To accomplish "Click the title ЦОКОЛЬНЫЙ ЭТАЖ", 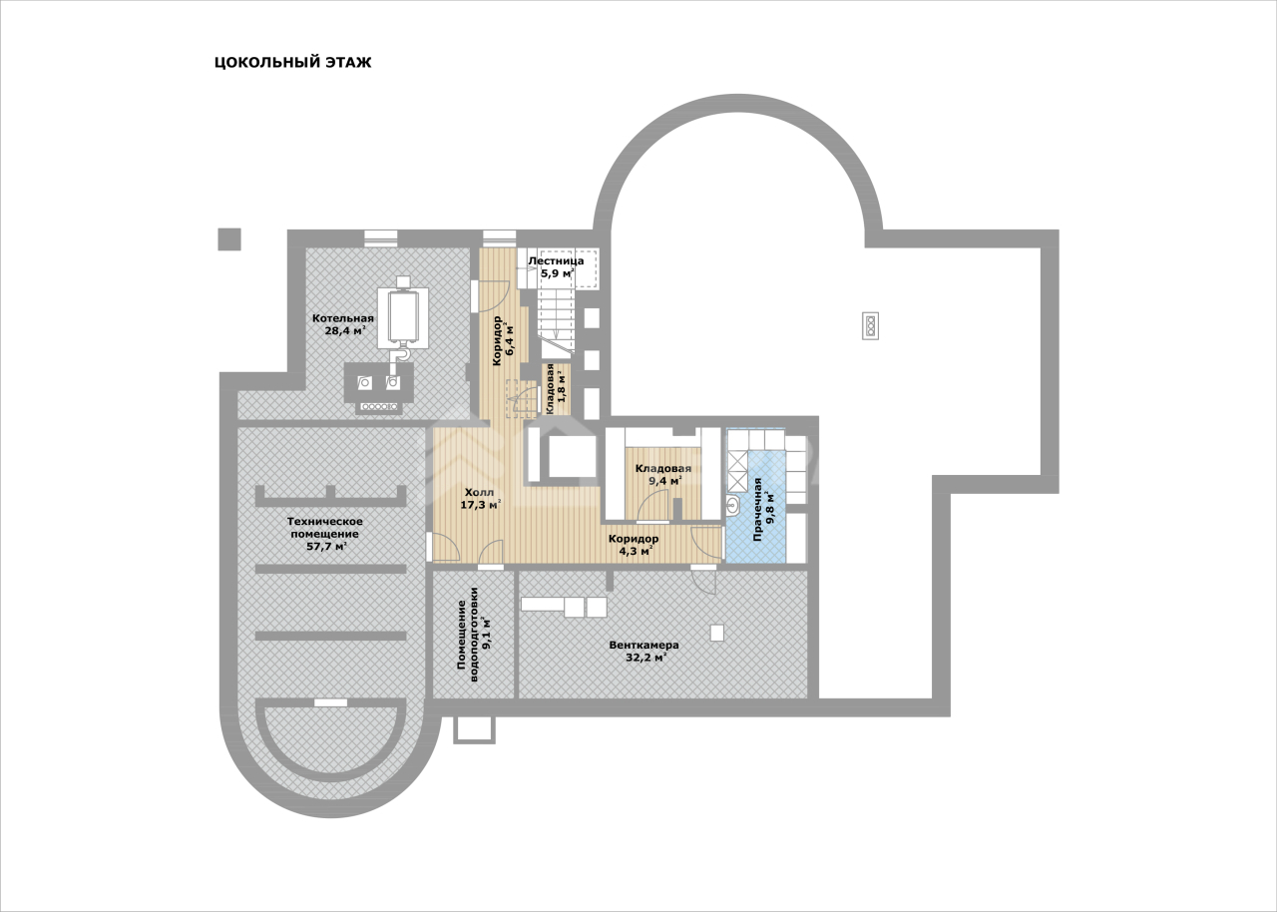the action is click(292, 62).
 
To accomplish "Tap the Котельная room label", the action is click(342, 318).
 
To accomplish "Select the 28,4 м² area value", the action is click(344, 330).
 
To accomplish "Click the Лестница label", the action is click(556, 261).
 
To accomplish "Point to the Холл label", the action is click(480, 492).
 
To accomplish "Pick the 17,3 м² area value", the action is click(481, 505).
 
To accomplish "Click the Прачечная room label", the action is click(757, 510).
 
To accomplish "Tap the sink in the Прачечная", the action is click(733, 505).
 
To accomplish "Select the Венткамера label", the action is click(644, 646).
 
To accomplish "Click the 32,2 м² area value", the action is click(645, 658).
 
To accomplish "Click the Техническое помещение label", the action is click(325, 527).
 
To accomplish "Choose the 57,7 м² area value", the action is click(326, 546).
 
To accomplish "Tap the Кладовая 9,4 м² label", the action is click(663, 474).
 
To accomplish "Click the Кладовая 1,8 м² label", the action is click(556, 389).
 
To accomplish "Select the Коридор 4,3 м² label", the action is click(634, 545).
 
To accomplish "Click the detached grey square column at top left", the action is click(229, 239).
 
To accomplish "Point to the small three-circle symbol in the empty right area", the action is click(870, 326).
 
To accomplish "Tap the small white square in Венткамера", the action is click(717, 633).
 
